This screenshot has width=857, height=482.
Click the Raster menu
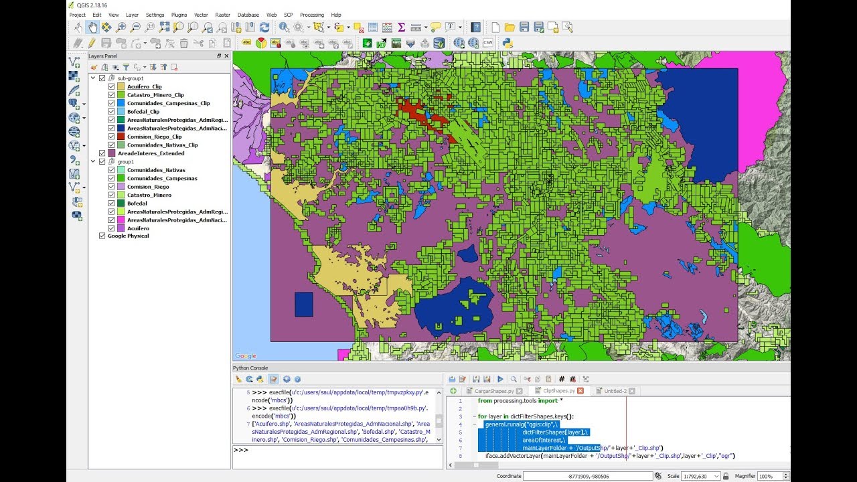coord(222,15)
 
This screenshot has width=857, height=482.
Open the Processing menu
coord(311,15)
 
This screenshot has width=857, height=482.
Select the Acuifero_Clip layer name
coord(144,86)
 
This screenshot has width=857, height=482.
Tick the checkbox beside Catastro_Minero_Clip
coord(111,95)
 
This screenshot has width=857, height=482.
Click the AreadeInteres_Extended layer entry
coord(155,153)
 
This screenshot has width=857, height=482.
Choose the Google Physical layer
coord(128,236)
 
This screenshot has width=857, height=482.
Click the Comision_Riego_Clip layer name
coord(154,137)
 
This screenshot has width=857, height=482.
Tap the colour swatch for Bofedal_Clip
coord(121,112)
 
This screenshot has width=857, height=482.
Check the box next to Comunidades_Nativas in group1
coord(111,170)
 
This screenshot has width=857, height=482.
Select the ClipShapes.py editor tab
coord(558,391)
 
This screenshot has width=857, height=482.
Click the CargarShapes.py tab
coord(493,391)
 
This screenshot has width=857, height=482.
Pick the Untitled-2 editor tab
coord(615,391)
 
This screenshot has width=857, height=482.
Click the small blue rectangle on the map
coord(303,304)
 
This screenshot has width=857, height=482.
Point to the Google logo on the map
coord(246,356)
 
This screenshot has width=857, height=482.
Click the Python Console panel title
coord(250,368)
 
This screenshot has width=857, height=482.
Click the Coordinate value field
coord(587,476)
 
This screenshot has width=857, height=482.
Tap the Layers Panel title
coord(102,56)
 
